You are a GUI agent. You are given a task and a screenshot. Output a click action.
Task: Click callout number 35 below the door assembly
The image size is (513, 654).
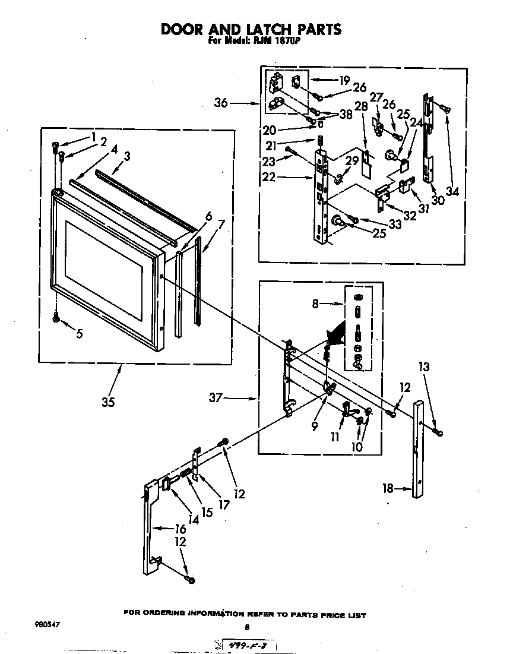pos(108,402)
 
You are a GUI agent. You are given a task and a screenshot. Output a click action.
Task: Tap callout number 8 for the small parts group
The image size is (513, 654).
pos(315,304)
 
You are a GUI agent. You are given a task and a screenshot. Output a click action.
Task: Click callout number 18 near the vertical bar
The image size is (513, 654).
pos(388,489)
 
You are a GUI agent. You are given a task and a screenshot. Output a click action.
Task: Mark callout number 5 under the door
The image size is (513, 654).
pos(79,334)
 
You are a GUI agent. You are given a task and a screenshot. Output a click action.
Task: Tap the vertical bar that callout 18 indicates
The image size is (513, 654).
pos(419,451)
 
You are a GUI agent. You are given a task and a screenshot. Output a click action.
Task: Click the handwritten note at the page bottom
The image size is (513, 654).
pos(249,644)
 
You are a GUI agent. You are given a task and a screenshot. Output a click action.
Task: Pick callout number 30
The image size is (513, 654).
pos(438,200)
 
